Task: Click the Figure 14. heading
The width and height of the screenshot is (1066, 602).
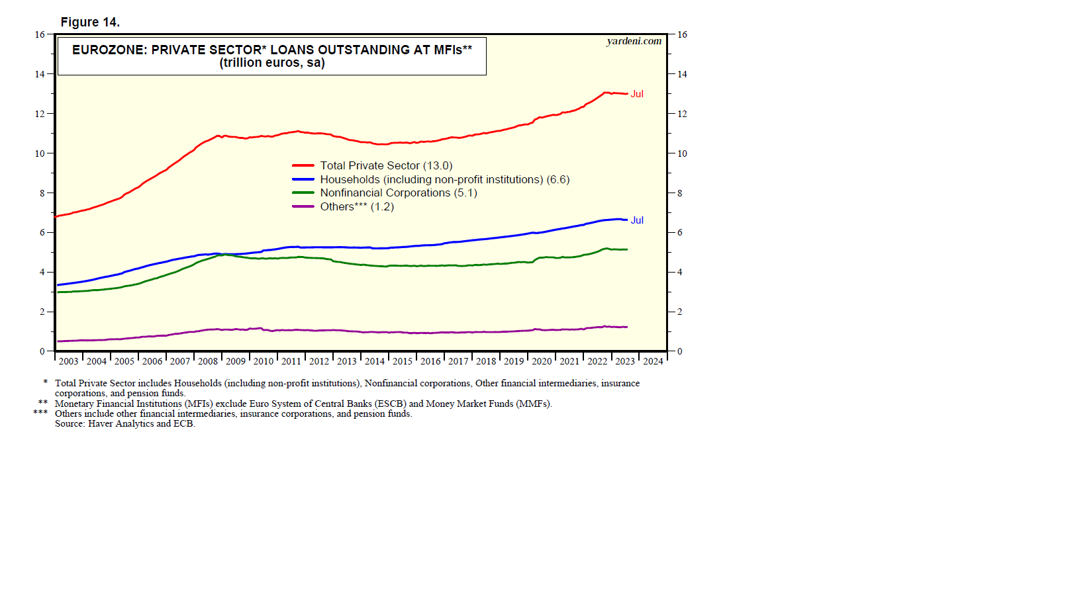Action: pos(90,22)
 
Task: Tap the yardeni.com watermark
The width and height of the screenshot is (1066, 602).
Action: pos(634,41)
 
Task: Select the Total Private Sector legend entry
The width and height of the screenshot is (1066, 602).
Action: pos(386,165)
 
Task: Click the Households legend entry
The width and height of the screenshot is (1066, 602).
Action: pos(444,179)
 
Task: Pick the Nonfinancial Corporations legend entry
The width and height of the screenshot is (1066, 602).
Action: pos(398,193)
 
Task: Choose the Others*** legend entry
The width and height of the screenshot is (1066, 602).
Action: pos(356,206)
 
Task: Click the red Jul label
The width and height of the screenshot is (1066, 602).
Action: pos(637,94)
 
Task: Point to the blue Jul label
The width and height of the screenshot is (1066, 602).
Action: pos(637,220)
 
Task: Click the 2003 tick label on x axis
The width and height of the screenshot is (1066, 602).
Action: pos(68,361)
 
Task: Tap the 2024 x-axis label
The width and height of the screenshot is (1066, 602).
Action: pos(653,361)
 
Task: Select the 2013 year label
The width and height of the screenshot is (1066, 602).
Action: pos(347,361)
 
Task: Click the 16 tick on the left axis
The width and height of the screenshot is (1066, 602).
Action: pos(40,34)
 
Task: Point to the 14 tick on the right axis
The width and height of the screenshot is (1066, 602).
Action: pos(682,74)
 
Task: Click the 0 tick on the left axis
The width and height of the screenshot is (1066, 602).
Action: pos(42,351)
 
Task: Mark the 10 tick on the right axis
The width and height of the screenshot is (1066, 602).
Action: pos(682,153)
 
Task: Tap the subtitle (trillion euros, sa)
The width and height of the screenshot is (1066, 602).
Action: pos(272,63)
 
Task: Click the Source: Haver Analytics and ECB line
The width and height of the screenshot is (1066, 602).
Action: pos(125,423)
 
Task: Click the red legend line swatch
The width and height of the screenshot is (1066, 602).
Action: pos(303,165)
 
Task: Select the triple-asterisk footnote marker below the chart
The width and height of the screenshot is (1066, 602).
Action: pos(40,413)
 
